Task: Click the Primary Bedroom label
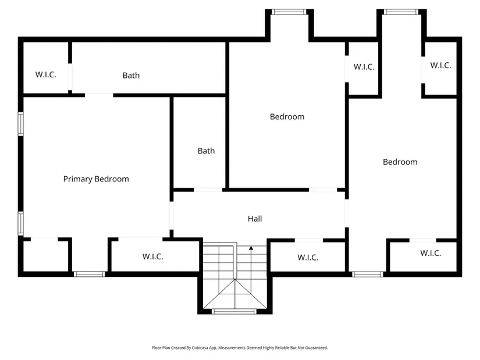96,179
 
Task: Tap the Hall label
255,219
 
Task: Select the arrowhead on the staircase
251,248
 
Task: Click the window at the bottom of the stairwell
234,312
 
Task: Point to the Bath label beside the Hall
206,151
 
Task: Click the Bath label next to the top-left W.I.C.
131,75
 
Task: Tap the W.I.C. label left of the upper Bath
45,74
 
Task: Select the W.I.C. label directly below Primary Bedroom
153,256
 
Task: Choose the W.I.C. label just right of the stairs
308,258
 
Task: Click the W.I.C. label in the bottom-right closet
431,253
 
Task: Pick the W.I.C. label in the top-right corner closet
440,65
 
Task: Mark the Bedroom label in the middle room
287,117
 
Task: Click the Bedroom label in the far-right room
400,162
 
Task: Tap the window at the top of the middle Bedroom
289,12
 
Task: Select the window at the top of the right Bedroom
401,12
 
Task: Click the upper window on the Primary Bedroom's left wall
20,124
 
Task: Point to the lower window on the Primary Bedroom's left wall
20,223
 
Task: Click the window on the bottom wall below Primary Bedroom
90,275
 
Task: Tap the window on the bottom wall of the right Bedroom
367,275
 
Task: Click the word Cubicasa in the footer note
200,348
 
